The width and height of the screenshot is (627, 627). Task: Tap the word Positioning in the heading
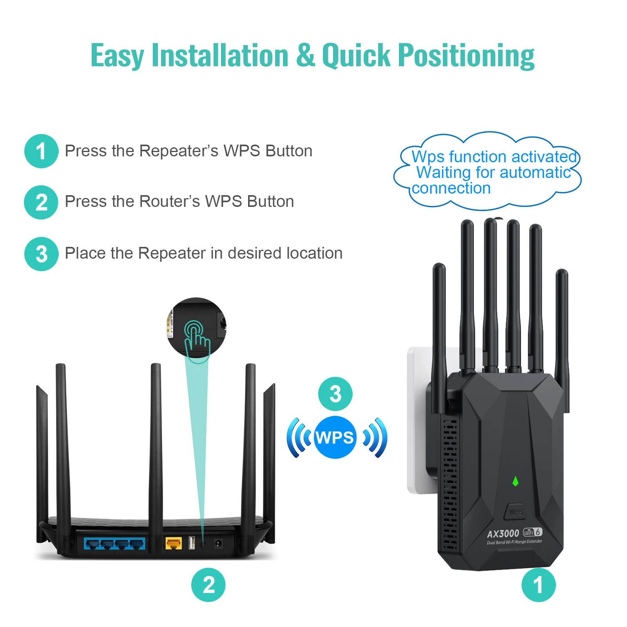[466, 55]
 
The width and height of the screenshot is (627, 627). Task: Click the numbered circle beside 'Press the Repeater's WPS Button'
[41, 151]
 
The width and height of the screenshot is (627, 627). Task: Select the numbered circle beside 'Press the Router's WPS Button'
[41, 202]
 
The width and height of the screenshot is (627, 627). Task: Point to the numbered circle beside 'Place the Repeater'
[41, 254]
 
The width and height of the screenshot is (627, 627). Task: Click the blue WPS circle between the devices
[335, 437]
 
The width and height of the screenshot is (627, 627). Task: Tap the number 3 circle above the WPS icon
[335, 394]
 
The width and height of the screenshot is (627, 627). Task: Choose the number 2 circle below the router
[208, 585]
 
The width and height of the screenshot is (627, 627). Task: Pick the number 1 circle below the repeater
[538, 585]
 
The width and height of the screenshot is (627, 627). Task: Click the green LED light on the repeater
[515, 481]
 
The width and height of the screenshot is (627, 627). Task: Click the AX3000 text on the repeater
[503, 534]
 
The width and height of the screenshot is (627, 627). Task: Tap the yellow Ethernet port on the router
[173, 543]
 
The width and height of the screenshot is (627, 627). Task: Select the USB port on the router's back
[192, 543]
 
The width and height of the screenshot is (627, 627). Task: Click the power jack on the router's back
[218, 544]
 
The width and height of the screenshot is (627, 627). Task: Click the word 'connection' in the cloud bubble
[451, 188]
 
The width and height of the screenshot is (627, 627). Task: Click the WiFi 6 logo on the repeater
[533, 532]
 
